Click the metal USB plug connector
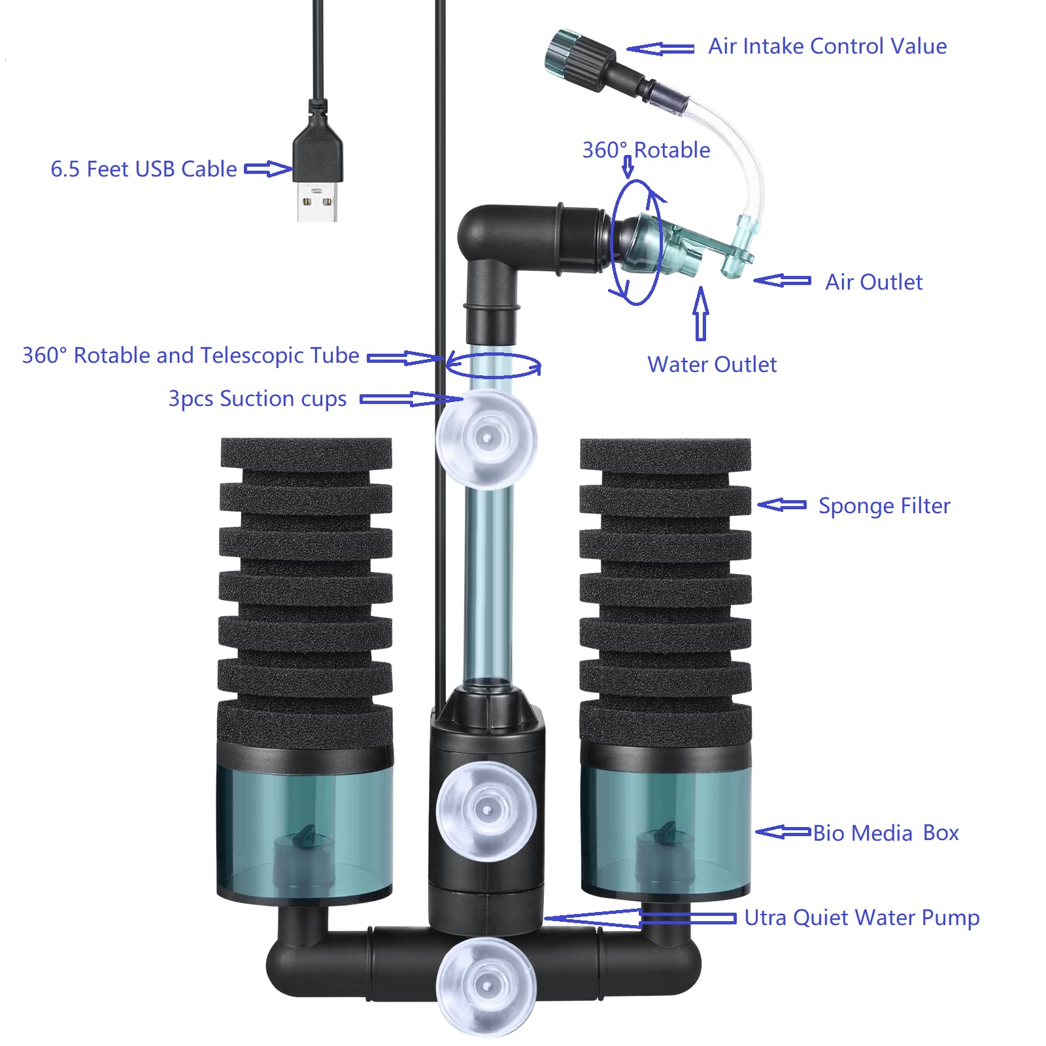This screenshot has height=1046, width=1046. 318,201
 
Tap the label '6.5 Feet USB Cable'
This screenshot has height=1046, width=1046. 144,169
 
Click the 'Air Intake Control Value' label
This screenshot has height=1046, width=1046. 828,46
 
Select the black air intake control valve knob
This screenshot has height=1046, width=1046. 579,56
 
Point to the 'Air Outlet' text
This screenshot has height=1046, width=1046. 873,282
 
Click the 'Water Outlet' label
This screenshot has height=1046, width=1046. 712,364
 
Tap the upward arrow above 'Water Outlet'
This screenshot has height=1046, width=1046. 701,314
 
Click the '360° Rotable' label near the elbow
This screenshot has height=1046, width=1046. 646,150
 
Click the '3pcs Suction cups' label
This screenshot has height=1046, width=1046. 258,399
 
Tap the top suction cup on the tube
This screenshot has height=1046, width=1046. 486,439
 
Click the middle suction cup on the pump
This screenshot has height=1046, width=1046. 486,811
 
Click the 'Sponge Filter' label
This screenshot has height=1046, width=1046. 885,506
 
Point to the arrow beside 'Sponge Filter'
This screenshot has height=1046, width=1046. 782,505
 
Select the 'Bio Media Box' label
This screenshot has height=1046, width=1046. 886,833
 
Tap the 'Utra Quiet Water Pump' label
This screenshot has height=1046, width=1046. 862,918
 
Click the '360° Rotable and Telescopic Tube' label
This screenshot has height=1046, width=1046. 191,355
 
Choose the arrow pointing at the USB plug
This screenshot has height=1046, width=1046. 268,169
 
